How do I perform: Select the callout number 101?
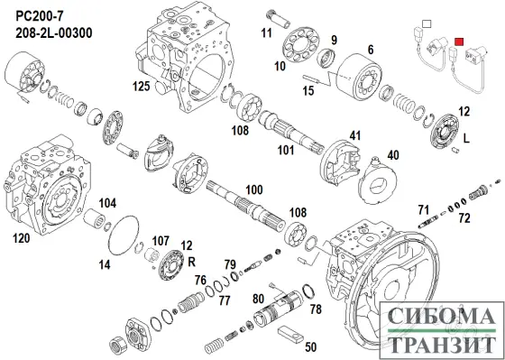coord(285,151)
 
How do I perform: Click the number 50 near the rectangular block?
coord(311,346)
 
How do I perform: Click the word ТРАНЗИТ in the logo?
coord(439,343)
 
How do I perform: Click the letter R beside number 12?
coord(192,258)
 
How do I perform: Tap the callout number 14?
coord(105,264)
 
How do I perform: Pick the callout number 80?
coord(259,299)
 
